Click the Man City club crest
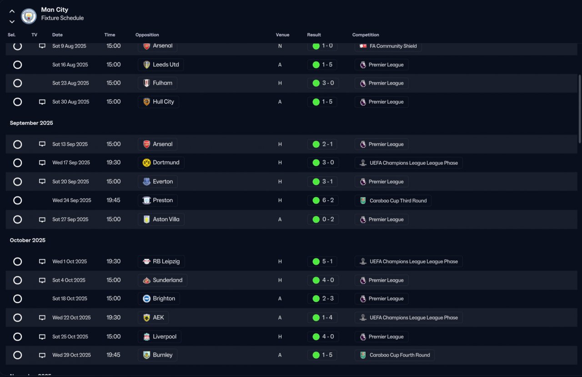click(x=29, y=16)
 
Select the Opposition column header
click(x=147, y=35)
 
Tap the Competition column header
click(x=366, y=35)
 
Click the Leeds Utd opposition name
click(x=166, y=65)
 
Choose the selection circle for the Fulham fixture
click(x=17, y=83)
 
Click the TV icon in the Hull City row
click(x=42, y=102)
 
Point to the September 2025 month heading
click(x=31, y=123)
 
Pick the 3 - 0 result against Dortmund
click(x=328, y=163)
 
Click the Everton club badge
click(x=146, y=182)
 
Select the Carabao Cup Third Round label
click(x=398, y=201)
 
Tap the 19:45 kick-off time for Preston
click(x=113, y=200)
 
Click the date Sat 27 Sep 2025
click(x=70, y=219)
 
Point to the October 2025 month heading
click(x=28, y=240)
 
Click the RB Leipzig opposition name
click(x=166, y=261)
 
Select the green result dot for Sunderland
click(x=316, y=280)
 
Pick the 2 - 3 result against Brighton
click(x=328, y=299)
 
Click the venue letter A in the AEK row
click(x=280, y=318)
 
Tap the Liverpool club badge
click(x=146, y=336)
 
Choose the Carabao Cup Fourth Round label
click(x=400, y=355)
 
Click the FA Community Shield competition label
click(x=393, y=46)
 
